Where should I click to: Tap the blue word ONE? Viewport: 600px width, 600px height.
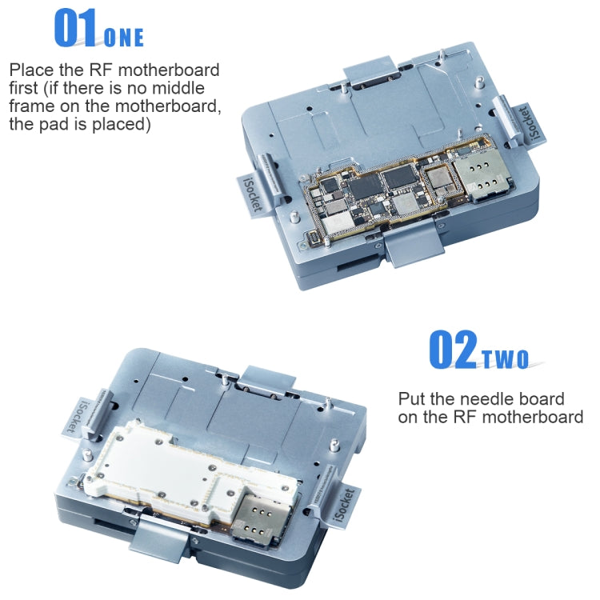(124, 37)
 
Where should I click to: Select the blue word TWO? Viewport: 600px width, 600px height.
(505, 359)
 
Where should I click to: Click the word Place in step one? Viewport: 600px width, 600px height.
(31, 70)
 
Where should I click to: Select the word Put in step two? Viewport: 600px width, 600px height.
(413, 398)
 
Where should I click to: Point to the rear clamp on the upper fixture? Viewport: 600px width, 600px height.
(371, 70)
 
